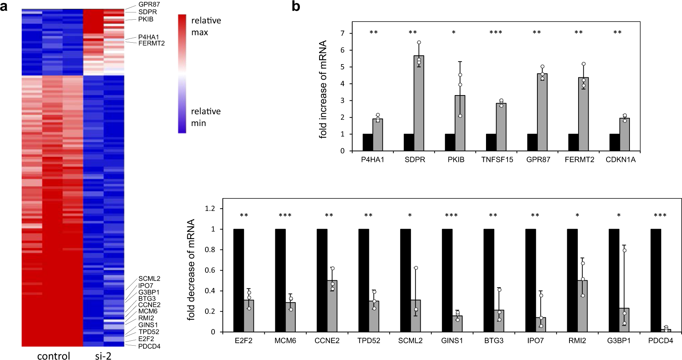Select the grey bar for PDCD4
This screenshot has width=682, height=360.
pos(666,330)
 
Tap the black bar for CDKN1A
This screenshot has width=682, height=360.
pos(614,142)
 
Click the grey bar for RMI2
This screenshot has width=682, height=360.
pos(582,306)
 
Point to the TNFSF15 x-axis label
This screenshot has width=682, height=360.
pos(497,160)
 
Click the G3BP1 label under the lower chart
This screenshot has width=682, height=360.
pos(619,341)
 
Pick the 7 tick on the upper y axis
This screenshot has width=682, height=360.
pos(342,34)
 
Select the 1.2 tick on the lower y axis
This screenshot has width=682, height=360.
pos(210,209)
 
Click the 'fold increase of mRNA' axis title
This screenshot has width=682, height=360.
pos(323,89)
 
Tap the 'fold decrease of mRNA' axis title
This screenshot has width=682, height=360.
pos(191,269)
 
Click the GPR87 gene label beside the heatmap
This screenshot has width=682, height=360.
pos(149,5)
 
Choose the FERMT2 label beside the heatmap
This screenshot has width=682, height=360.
pos(151,43)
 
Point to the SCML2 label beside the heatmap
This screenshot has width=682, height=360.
pos(149,278)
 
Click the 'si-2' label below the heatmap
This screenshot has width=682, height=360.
pos(103,356)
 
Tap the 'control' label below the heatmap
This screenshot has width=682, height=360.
pos(54,356)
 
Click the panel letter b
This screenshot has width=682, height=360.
pos(296,6)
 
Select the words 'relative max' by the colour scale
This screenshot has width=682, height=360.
pos(206,26)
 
